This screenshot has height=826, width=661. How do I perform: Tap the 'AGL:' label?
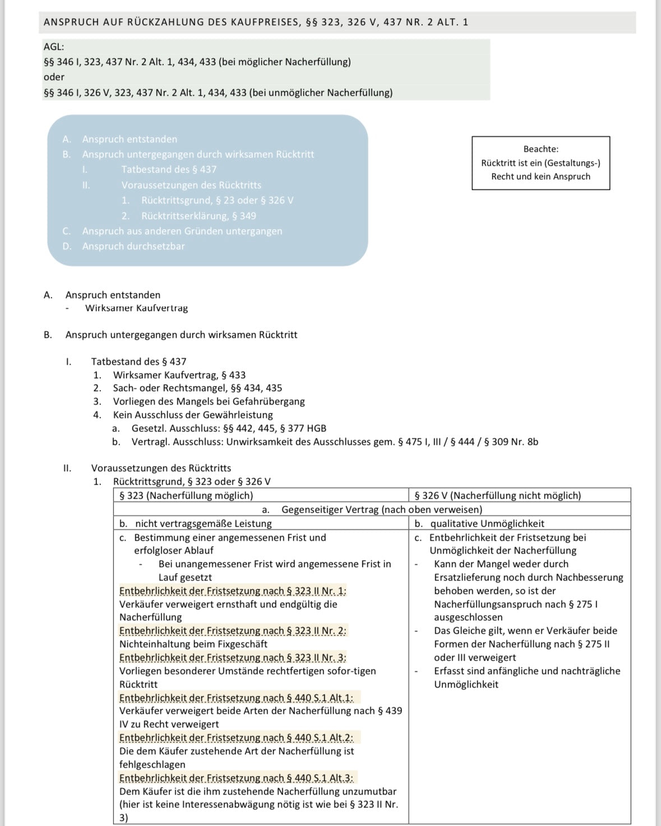pos(54,47)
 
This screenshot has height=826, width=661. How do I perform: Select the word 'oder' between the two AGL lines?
pos(54,77)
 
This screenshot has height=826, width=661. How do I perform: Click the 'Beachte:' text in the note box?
pos(540,149)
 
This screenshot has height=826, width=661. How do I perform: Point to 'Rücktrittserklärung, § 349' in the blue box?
pos(198,216)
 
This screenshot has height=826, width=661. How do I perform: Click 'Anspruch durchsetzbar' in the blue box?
pos(133,246)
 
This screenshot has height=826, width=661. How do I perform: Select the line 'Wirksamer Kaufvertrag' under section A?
pos(136,308)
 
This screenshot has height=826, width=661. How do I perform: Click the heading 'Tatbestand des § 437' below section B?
pos(138,361)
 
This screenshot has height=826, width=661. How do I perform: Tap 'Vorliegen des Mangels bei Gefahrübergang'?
pos(209,401)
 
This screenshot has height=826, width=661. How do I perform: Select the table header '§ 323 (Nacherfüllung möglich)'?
pos(186,495)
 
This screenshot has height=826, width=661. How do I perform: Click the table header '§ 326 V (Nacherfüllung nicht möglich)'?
pos(497,495)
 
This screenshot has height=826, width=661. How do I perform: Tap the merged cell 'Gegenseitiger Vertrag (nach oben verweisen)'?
pos(381,509)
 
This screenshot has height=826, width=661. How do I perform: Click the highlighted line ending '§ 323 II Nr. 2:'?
pos(233,630)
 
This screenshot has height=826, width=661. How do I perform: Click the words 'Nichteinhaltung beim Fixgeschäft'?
pos(193,644)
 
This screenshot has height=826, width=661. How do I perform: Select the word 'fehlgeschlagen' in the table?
pos(152,764)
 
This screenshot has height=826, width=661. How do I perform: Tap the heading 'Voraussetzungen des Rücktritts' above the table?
pos(161,468)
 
